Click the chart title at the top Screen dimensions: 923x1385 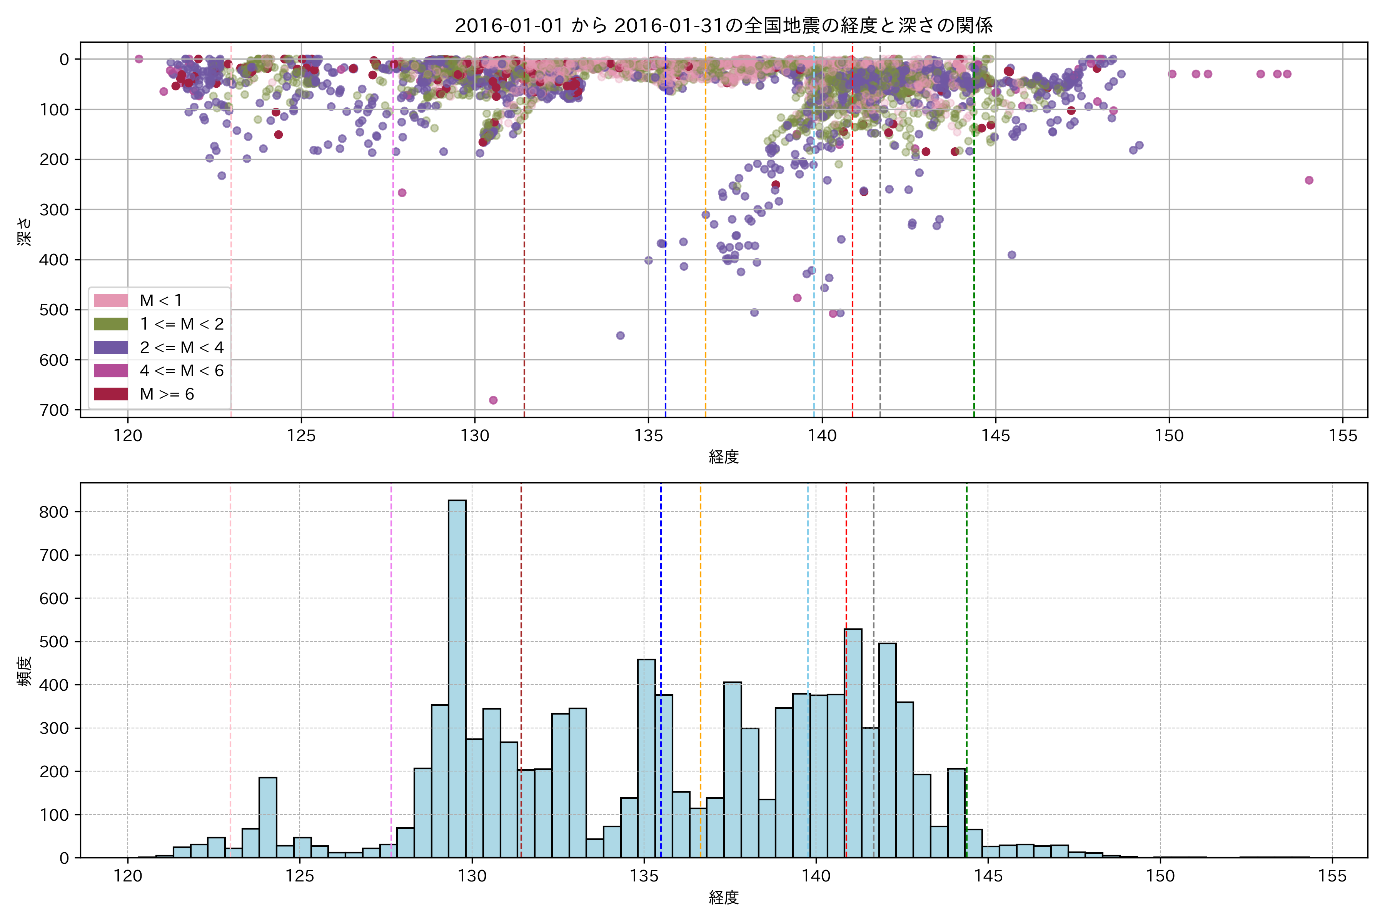click(x=724, y=25)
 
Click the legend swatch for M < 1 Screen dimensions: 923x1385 click(x=111, y=300)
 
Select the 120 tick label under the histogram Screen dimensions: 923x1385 click(x=128, y=876)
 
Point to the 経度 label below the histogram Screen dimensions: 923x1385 click(x=724, y=898)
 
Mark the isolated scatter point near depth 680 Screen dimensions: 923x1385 click(x=494, y=400)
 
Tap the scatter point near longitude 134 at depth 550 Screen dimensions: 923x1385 click(x=620, y=335)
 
